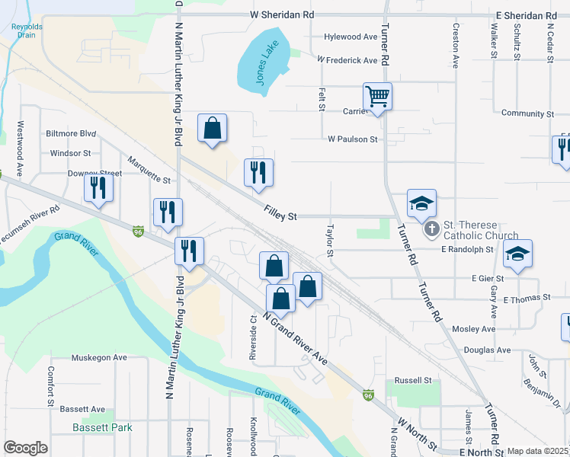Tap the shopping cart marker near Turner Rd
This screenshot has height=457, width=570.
377,97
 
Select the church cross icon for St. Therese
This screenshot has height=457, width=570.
431,228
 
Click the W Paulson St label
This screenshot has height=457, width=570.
353,139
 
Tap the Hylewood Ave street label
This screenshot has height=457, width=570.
351,37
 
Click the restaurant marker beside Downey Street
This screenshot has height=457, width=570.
98,187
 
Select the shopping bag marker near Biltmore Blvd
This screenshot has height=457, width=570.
212,129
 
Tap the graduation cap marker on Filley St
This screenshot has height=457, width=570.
421,203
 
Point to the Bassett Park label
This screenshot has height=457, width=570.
102,427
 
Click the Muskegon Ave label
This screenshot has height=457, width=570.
99,357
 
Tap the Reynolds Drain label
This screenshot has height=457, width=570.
27,31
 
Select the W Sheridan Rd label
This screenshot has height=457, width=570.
282,15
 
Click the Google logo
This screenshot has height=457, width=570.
25,448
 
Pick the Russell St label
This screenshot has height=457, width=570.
413,380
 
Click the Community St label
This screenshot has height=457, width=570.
527,113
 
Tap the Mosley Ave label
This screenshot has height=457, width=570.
473,329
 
